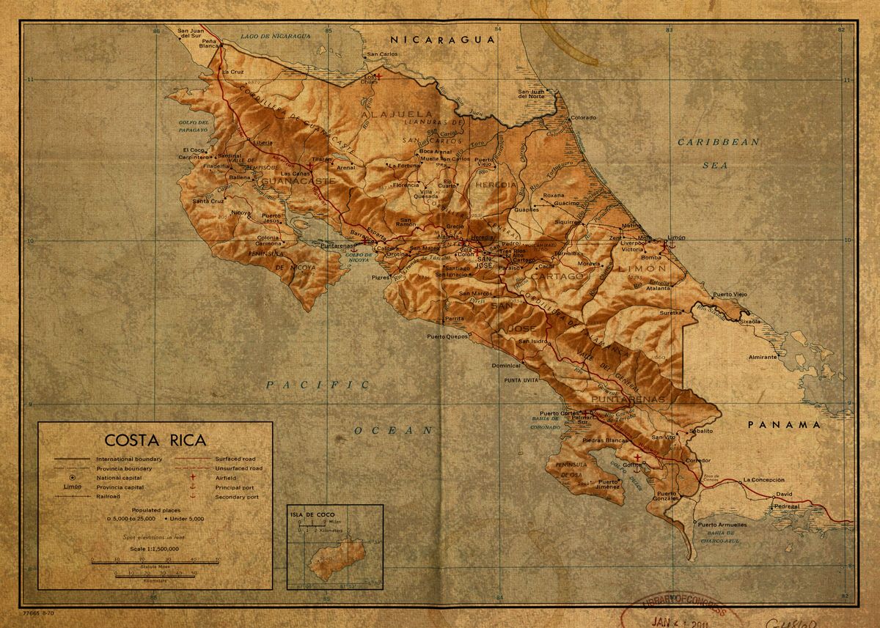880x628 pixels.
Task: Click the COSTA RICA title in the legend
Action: click(x=155, y=440)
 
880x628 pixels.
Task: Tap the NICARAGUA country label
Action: click(x=442, y=40)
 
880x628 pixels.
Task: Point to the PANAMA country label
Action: click(x=784, y=424)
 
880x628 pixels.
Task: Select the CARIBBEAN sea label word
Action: click(x=717, y=142)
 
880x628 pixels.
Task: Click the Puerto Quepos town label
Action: click(x=447, y=336)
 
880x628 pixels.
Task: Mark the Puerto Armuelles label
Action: click(x=722, y=525)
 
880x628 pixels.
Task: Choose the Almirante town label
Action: click(x=762, y=357)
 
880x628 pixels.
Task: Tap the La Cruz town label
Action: click(x=232, y=72)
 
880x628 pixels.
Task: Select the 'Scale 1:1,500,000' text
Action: click(x=155, y=548)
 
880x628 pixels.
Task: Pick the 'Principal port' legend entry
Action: click(x=236, y=487)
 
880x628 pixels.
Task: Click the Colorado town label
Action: click(x=584, y=117)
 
